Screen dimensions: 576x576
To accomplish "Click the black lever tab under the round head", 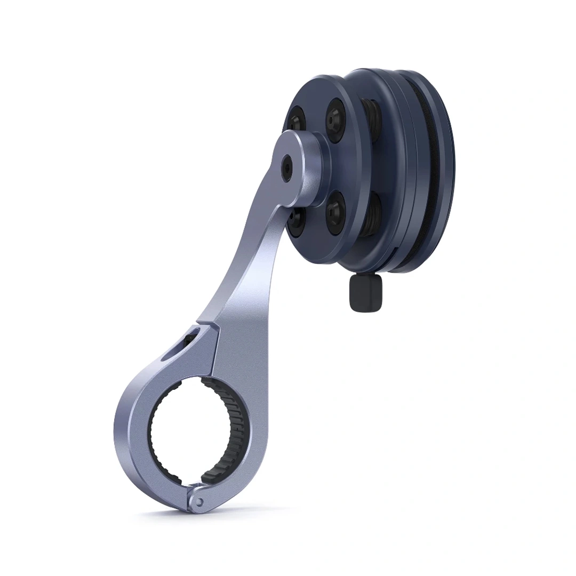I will point(365,293).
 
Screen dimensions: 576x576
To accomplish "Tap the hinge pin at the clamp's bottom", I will point(198,501).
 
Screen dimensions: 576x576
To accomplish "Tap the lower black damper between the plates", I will point(373,213).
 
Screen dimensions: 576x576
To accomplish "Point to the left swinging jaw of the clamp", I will point(133,427).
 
